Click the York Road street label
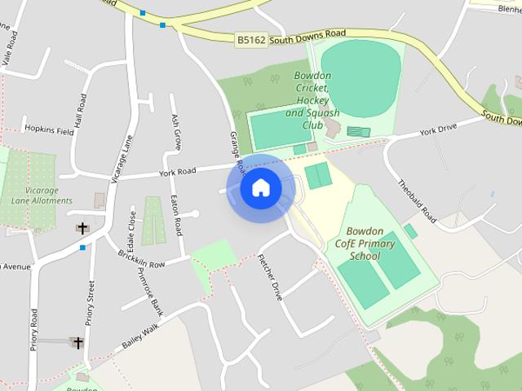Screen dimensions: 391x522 [x=178, y=172]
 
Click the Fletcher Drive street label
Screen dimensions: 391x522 [x=269, y=278]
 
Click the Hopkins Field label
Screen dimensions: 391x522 [x=49, y=130]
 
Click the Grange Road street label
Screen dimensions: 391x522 [x=237, y=151]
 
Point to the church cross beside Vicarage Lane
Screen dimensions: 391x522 [x=82, y=229]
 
